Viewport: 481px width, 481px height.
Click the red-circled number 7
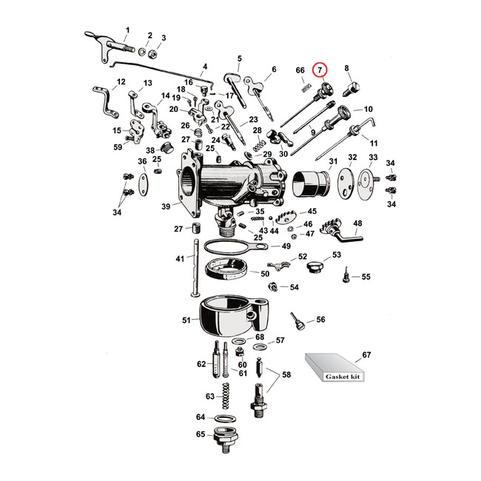coord(320,70)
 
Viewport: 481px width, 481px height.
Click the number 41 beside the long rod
coord(180,259)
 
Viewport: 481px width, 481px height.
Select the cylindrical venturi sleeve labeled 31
coord(311,182)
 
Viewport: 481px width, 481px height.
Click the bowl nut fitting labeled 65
coord(226,440)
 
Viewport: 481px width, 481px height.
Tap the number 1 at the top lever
coord(126,31)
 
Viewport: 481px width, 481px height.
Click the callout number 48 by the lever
coord(357,223)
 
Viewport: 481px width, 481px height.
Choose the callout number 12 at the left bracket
coord(121,82)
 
